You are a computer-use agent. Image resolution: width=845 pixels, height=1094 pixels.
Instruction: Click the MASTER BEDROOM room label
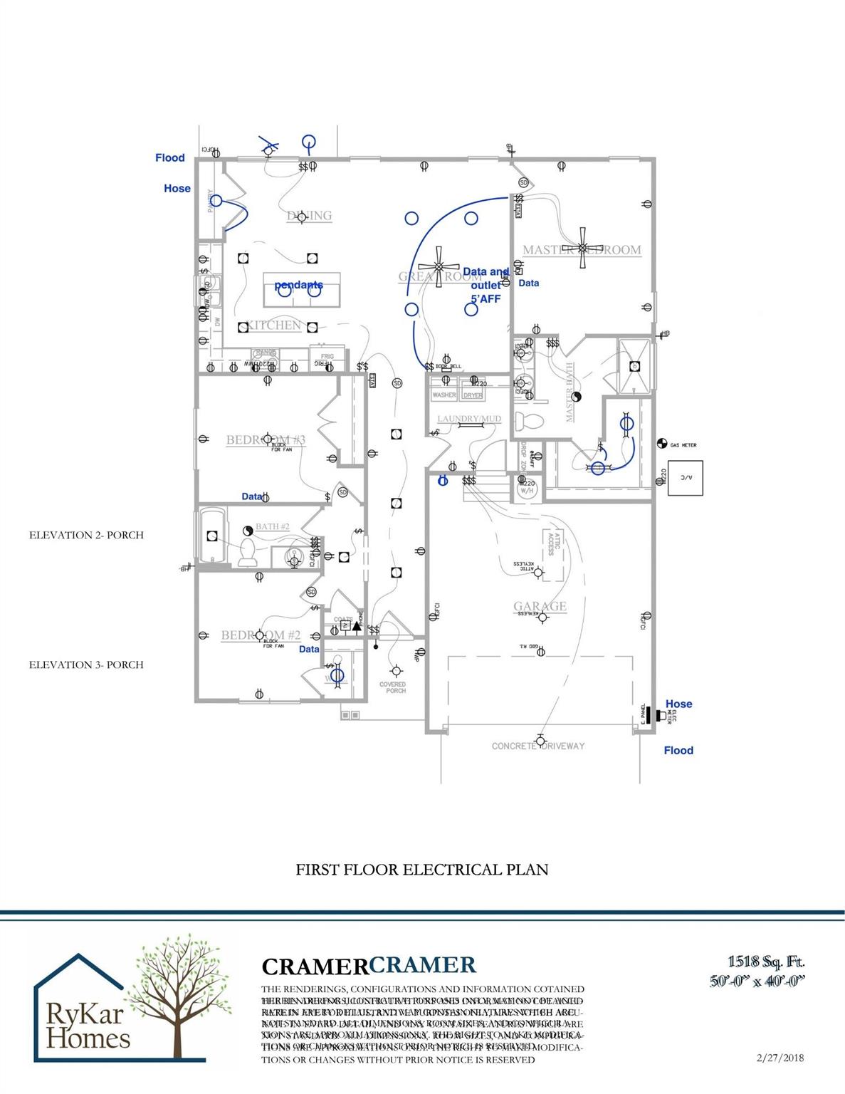click(x=582, y=250)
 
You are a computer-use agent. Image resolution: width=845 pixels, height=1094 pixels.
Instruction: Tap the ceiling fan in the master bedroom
click(x=583, y=248)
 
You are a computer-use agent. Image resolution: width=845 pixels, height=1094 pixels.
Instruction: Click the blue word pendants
click(x=299, y=285)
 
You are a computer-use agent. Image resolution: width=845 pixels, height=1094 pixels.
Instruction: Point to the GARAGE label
click(x=540, y=606)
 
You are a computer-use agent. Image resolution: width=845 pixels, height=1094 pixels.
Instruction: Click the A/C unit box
click(x=685, y=477)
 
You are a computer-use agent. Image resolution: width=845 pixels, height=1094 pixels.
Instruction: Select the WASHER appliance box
click(x=444, y=394)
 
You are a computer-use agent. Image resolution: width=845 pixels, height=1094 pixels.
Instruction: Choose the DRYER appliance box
click(x=473, y=394)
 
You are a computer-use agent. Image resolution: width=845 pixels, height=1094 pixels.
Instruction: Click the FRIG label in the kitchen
click(x=327, y=356)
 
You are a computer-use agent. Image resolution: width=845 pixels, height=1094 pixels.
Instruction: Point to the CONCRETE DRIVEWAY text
click(x=538, y=746)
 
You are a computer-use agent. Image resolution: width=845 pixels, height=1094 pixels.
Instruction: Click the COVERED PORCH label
click(x=392, y=687)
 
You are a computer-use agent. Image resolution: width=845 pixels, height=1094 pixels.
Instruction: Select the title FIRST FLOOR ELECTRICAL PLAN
click(x=422, y=870)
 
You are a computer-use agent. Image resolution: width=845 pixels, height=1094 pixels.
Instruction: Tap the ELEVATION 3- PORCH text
click(x=86, y=665)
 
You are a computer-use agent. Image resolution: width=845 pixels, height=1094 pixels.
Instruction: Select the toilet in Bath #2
click(x=248, y=553)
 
